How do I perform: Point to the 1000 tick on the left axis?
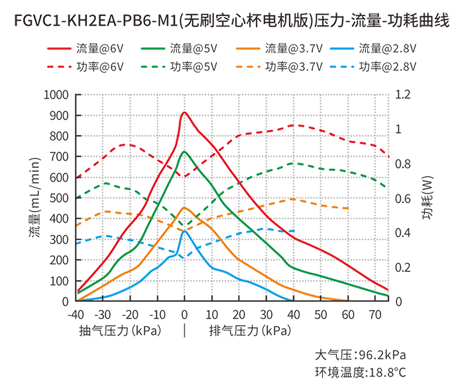56,95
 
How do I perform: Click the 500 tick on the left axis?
60,198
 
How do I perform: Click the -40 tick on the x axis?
76,314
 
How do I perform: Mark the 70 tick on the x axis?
375,314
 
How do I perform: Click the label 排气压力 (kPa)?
249,330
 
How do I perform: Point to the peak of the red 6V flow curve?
184,113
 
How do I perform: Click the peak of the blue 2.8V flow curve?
184,231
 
